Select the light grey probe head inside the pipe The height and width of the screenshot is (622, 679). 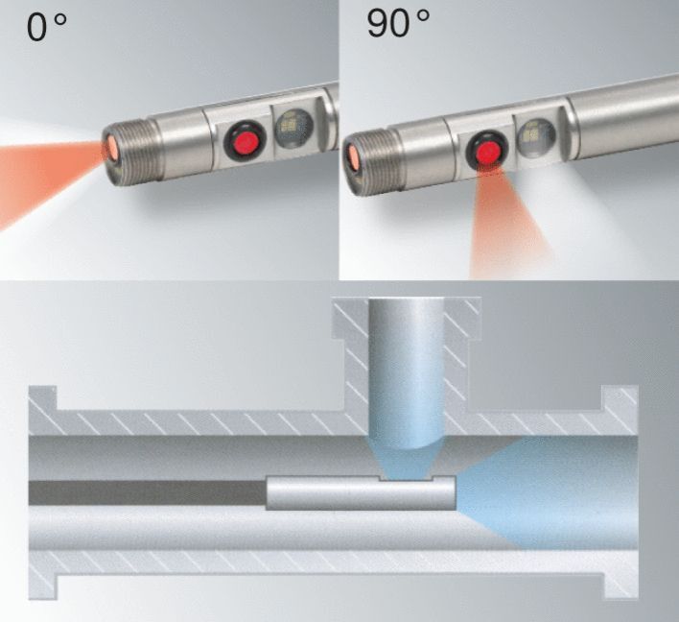(360, 493)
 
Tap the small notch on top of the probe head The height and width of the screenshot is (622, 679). (406, 477)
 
